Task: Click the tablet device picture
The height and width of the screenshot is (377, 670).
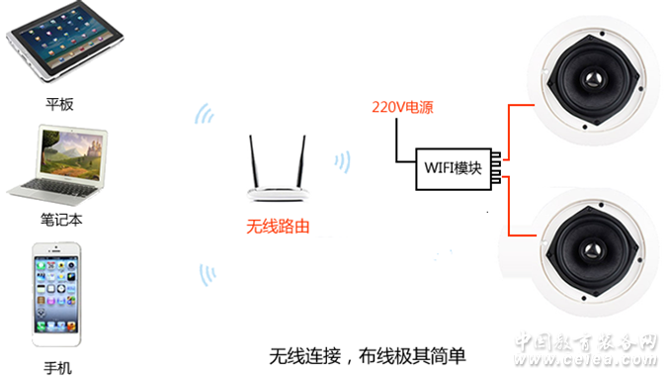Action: [64, 41]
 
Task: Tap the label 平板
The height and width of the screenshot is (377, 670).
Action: [60, 104]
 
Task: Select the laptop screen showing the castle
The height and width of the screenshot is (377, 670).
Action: [72, 154]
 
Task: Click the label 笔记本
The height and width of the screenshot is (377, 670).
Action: [61, 220]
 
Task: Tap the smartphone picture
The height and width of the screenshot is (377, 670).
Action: [56, 295]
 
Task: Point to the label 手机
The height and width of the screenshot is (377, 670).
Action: [57, 368]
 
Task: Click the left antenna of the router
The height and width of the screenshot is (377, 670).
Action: [254, 162]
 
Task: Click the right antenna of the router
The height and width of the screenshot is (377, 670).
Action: [301, 162]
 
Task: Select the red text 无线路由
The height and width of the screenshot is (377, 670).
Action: [278, 227]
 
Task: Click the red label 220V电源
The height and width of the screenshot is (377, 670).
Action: [402, 107]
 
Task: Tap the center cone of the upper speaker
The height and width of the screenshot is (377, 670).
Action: [593, 79]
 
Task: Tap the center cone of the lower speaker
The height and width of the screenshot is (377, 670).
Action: [592, 250]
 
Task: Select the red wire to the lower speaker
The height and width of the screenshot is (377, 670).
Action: [509, 206]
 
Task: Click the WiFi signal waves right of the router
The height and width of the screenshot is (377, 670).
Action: [343, 161]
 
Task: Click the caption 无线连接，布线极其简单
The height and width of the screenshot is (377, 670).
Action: [368, 356]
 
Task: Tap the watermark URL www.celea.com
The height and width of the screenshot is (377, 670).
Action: [585, 359]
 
